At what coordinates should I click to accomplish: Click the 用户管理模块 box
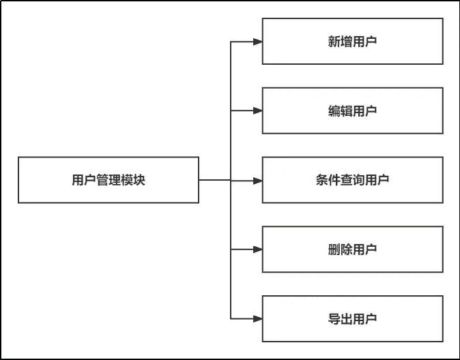coord(109,180)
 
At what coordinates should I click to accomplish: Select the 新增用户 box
coord(352,41)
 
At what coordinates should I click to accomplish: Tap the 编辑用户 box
coord(352,110)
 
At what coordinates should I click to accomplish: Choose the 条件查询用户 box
coord(352,180)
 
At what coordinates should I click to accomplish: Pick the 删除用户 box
coord(352,250)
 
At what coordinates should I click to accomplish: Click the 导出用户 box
coord(352,319)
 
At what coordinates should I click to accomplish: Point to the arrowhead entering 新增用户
coord(257,42)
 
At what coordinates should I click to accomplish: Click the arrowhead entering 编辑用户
coord(257,110)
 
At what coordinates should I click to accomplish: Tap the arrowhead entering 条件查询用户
coord(257,181)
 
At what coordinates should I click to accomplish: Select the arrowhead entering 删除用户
coord(257,250)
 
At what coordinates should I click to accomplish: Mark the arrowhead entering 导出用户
coord(257,318)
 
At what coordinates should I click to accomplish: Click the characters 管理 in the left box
coord(109,180)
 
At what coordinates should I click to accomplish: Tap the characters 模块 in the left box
coord(133,180)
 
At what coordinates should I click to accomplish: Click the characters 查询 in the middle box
coord(352,180)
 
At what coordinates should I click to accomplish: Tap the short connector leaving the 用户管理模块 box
coord(216,181)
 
